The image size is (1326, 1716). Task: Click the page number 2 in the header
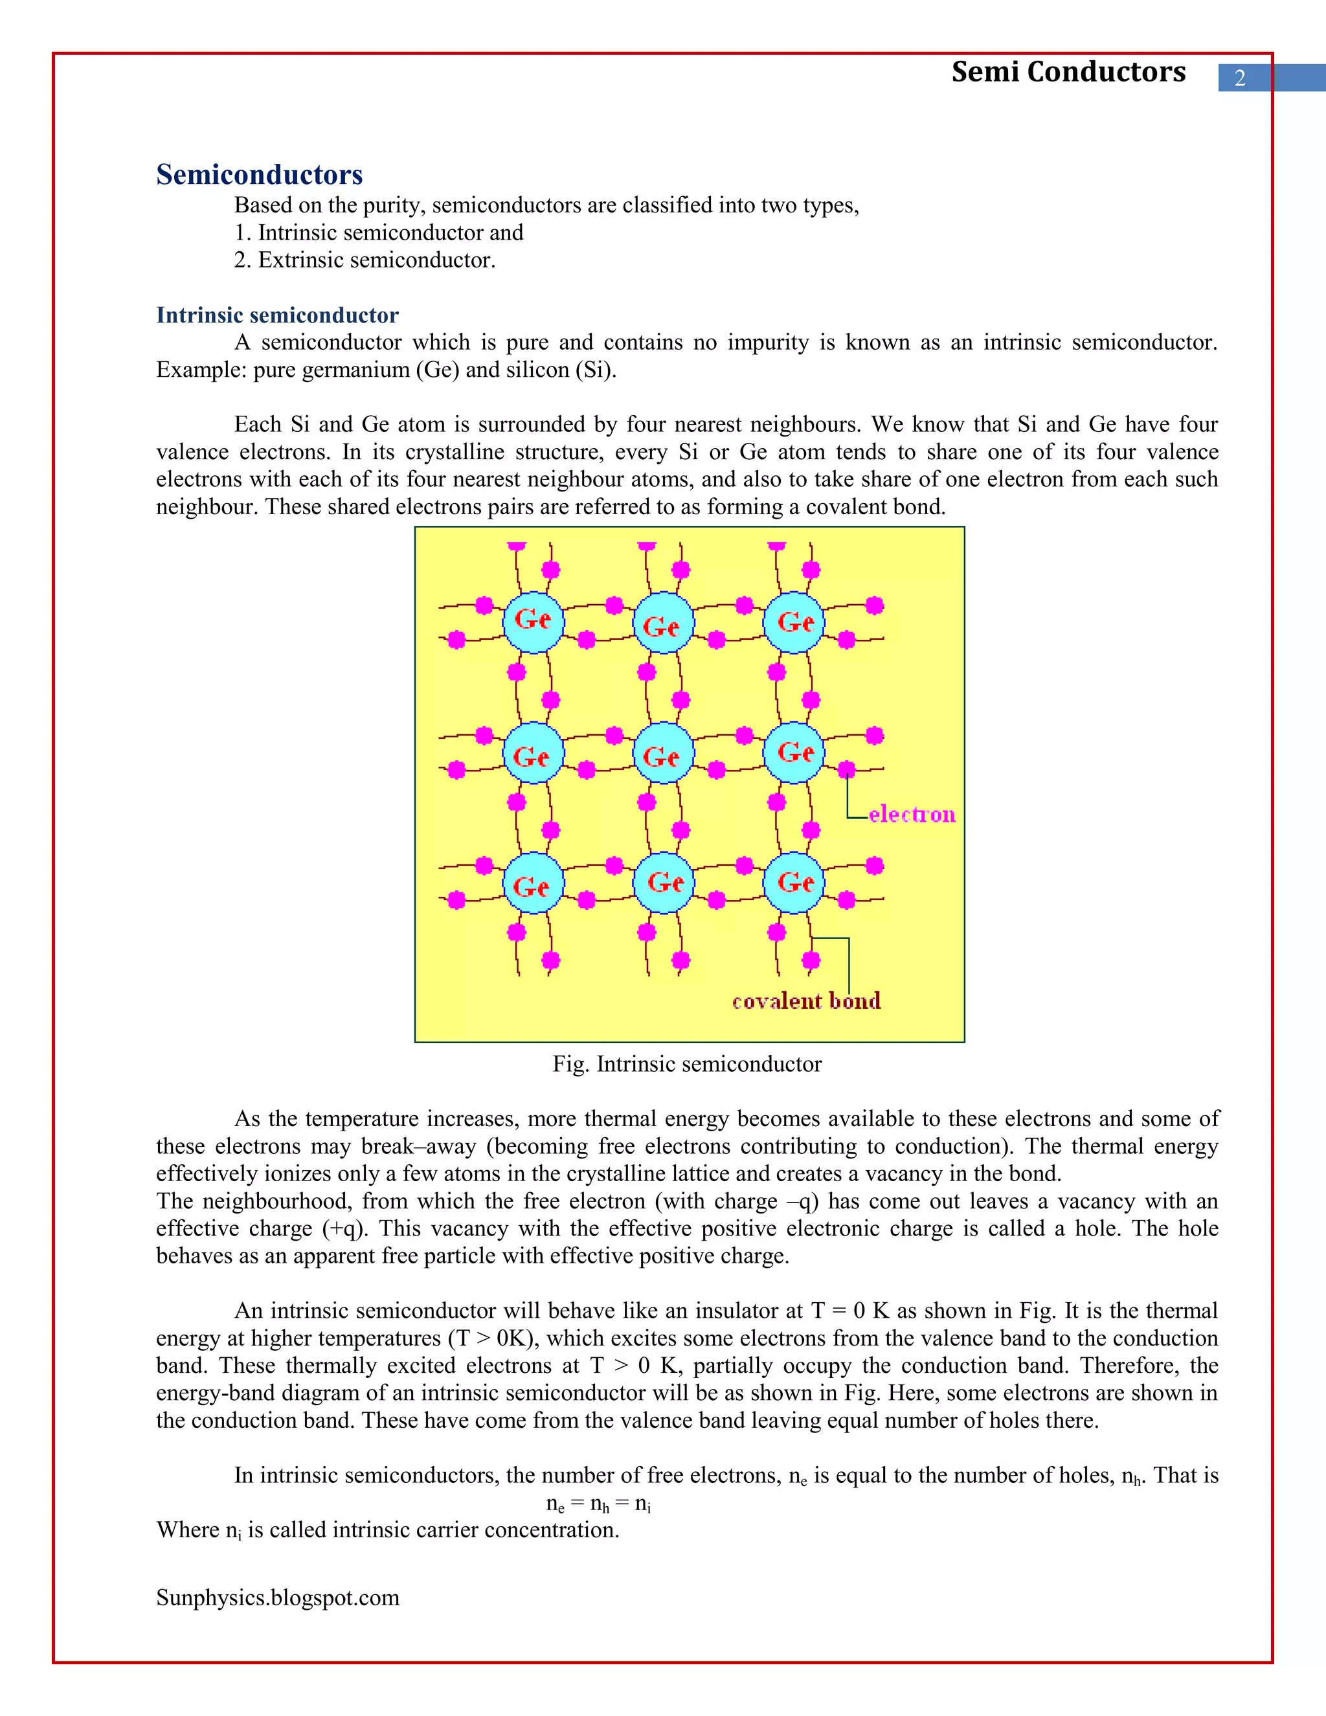coord(1240,78)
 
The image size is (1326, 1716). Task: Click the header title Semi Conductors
coord(1068,73)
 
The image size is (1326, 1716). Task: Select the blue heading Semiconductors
coord(259,174)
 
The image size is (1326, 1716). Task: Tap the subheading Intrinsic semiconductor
coord(277,315)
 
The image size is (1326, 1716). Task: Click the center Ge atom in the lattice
coord(663,754)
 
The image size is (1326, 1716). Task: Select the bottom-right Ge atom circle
coord(793,883)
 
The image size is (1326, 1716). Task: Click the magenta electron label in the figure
coord(912,814)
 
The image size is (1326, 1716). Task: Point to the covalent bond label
coord(806,1001)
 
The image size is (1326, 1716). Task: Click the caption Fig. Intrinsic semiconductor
coord(686,1064)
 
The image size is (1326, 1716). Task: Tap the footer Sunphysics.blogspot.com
coord(277,1597)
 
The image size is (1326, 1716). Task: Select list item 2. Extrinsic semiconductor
coord(365,260)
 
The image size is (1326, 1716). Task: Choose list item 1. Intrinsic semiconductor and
coord(378,232)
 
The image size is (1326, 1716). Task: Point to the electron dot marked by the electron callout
coord(846,769)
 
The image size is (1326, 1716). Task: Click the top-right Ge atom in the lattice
coord(793,622)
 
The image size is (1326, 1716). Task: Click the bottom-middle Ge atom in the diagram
coord(663,883)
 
